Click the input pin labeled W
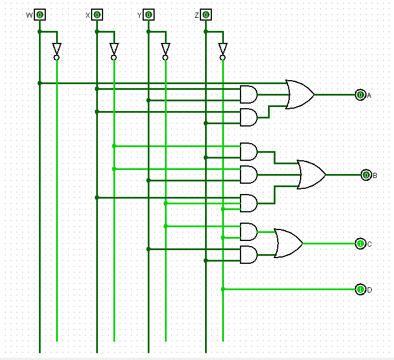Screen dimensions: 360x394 pos(40,15)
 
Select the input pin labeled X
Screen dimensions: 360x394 pos(97,15)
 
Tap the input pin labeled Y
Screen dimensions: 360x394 pos(148,15)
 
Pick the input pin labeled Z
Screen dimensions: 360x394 pos(206,15)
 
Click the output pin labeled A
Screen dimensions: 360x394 pos(360,95)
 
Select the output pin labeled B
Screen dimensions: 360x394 pos(366,175)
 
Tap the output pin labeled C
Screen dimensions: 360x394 pos(360,244)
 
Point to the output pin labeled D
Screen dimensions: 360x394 pos(360,290)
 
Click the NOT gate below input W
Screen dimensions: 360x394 pos(57,49)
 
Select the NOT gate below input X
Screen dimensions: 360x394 pos(114,49)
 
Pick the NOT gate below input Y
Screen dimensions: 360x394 pos(166,49)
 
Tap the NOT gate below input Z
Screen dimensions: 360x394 pos(223,49)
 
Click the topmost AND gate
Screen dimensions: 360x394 pos(249,95)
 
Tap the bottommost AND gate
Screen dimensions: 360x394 pos(249,255)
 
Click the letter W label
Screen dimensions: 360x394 pos(29,15)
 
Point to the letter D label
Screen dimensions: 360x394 pos(369,290)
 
